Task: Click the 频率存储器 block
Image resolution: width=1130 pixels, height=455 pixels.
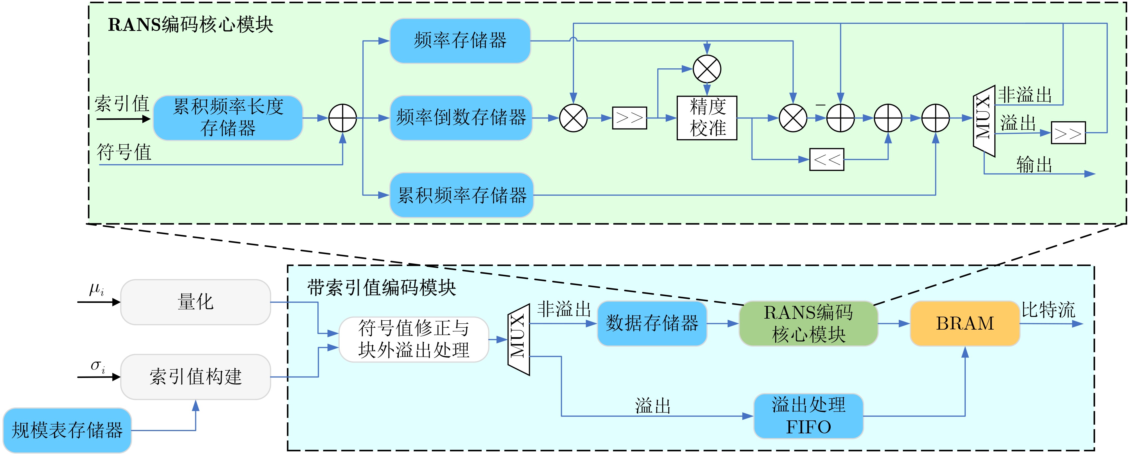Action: [460, 41]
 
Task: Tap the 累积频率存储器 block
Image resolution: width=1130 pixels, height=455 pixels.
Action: [461, 195]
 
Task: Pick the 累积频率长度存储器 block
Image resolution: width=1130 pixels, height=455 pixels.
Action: [228, 118]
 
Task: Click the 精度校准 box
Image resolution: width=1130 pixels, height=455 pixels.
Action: [707, 118]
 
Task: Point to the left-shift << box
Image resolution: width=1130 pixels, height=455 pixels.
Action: [826, 159]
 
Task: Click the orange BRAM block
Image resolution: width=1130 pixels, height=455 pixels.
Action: [965, 323]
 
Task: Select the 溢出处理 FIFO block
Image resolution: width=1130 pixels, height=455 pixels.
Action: [808, 416]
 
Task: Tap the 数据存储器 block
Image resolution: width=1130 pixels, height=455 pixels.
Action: [652, 323]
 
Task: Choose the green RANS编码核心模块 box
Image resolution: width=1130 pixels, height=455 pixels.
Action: [808, 323]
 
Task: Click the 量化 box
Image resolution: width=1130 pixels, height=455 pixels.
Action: [196, 302]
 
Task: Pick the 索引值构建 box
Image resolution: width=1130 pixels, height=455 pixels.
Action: [196, 377]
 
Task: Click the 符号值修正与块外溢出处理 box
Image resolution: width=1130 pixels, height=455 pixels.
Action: [414, 339]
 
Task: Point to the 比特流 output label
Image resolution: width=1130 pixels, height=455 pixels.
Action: [1048, 310]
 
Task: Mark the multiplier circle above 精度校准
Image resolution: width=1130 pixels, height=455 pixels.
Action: [707, 69]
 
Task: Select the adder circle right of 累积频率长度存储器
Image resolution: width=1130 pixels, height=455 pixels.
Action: [343, 118]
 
